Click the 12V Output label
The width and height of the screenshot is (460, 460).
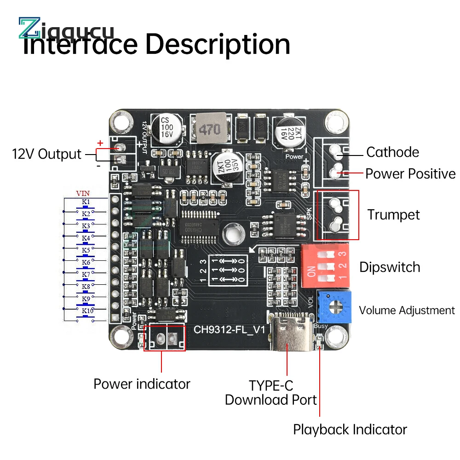(46, 154)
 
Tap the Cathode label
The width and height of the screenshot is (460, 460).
(392, 152)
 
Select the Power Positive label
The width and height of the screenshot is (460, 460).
(410, 174)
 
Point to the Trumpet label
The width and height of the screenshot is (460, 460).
(393, 215)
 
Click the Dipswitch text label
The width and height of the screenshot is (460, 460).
(390, 267)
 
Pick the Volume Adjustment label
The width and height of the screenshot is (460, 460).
(407, 310)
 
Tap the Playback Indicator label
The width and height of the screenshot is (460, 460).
(350, 430)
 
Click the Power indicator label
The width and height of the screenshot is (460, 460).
(142, 384)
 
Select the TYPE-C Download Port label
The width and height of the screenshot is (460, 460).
(271, 392)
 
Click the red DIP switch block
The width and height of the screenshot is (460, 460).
(324, 266)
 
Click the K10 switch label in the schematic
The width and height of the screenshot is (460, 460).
(87, 310)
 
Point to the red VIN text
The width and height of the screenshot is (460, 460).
(83, 194)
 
